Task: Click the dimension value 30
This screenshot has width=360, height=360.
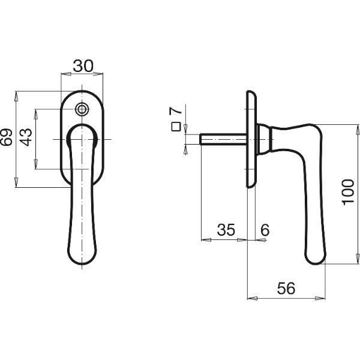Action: (83, 66)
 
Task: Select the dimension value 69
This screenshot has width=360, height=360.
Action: (7, 137)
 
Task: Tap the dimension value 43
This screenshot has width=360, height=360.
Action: (26, 137)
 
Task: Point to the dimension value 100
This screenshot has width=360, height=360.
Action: (348, 193)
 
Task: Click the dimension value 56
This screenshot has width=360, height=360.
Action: (286, 289)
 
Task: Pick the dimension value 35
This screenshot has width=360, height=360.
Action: (226, 230)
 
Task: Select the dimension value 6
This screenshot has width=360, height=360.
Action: (265, 230)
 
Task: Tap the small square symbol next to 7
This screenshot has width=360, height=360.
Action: (176, 127)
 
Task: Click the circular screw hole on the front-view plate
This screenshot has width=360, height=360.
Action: (82, 109)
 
